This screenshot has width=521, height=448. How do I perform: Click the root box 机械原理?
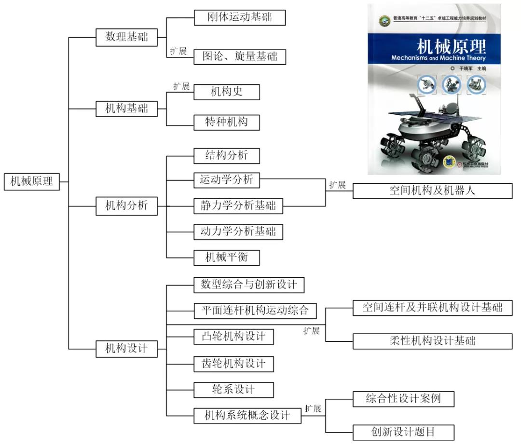(x=32, y=182)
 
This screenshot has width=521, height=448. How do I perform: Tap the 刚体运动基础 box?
(x=240, y=17)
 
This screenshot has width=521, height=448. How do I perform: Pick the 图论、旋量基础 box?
(x=240, y=56)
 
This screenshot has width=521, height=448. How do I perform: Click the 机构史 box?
(x=226, y=92)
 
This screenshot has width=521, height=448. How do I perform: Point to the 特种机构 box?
(x=226, y=122)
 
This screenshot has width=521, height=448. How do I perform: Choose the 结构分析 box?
(x=226, y=155)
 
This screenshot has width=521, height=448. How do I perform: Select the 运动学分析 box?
(x=226, y=180)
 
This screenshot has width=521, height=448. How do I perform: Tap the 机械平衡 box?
(x=226, y=257)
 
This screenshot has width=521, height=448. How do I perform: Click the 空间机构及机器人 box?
(x=432, y=190)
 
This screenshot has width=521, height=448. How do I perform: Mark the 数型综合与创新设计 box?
(x=249, y=285)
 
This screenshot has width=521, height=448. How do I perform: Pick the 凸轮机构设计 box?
(x=233, y=336)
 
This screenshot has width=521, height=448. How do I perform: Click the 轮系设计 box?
(x=233, y=389)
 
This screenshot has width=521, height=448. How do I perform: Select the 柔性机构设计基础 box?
(x=432, y=341)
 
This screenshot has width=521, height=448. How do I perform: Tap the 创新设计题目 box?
(x=403, y=432)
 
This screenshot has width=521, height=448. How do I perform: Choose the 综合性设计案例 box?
(x=403, y=399)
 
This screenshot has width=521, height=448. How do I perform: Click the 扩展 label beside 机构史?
(x=181, y=87)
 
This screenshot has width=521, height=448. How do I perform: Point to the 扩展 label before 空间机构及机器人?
(x=338, y=185)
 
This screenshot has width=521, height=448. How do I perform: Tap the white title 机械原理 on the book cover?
(x=452, y=47)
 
